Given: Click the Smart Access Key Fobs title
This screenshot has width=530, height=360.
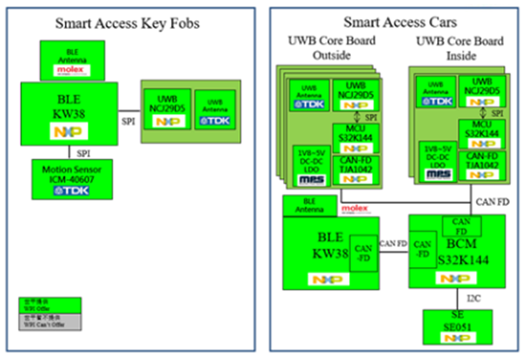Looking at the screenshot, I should [x=129, y=23].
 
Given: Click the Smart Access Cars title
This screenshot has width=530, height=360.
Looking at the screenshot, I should [x=395, y=21].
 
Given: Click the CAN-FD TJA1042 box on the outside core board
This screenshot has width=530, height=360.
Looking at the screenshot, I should [x=356, y=168].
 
